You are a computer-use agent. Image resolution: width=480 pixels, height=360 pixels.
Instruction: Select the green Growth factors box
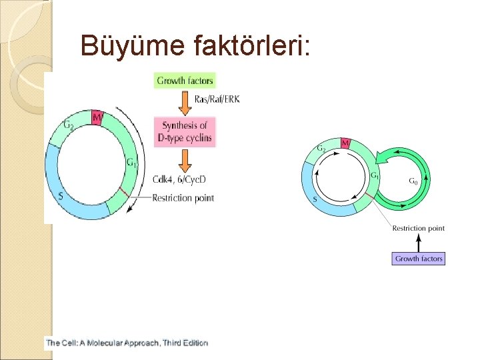[185, 81]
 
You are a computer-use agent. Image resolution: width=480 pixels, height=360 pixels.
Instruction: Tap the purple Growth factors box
[419, 258]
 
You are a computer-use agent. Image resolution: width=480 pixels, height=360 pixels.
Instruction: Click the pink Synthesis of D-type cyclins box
[185, 132]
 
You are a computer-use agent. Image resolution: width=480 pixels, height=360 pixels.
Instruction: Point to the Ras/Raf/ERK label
[217, 100]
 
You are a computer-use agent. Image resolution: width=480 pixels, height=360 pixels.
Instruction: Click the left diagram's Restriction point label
[183, 197]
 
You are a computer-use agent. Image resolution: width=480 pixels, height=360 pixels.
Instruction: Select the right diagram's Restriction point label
[418, 228]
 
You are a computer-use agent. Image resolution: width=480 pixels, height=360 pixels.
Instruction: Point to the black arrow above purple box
[418, 242]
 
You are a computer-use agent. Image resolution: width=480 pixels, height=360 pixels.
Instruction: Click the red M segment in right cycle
[345, 144]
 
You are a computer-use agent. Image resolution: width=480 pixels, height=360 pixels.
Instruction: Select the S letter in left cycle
[61, 197]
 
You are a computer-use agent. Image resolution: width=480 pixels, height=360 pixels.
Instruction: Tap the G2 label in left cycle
[69, 125]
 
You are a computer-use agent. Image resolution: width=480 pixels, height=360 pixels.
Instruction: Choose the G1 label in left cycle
[131, 162]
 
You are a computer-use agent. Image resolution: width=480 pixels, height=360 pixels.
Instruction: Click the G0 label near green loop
[413, 180]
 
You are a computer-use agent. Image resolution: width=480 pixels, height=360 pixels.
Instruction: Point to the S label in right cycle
[315, 199]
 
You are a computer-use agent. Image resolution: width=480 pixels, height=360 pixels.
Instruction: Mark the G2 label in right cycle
[321, 148]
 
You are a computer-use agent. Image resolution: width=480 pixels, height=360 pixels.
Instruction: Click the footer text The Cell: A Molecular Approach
[127, 343]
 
